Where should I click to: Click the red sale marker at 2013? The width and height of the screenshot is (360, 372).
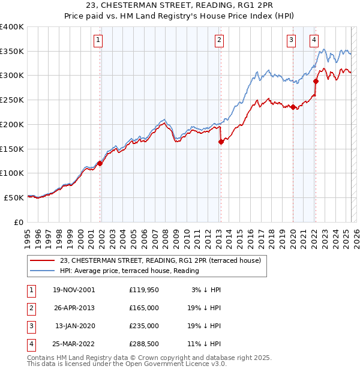coord(221,142)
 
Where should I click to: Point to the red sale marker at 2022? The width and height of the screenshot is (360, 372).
coord(316,80)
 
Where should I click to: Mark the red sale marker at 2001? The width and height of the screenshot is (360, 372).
coord(100,163)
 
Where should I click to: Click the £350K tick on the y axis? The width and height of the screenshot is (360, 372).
coord(12,51)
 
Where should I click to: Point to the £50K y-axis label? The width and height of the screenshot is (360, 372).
coord(14,197)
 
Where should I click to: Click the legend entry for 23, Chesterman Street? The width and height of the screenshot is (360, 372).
coord(160,260)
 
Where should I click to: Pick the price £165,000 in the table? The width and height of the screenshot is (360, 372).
coord(144,308)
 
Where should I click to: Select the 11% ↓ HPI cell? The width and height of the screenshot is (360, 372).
coord(203,344)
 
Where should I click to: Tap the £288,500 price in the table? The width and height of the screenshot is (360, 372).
coord(144,344)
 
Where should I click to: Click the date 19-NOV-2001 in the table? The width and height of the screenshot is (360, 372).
coord(73,290)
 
